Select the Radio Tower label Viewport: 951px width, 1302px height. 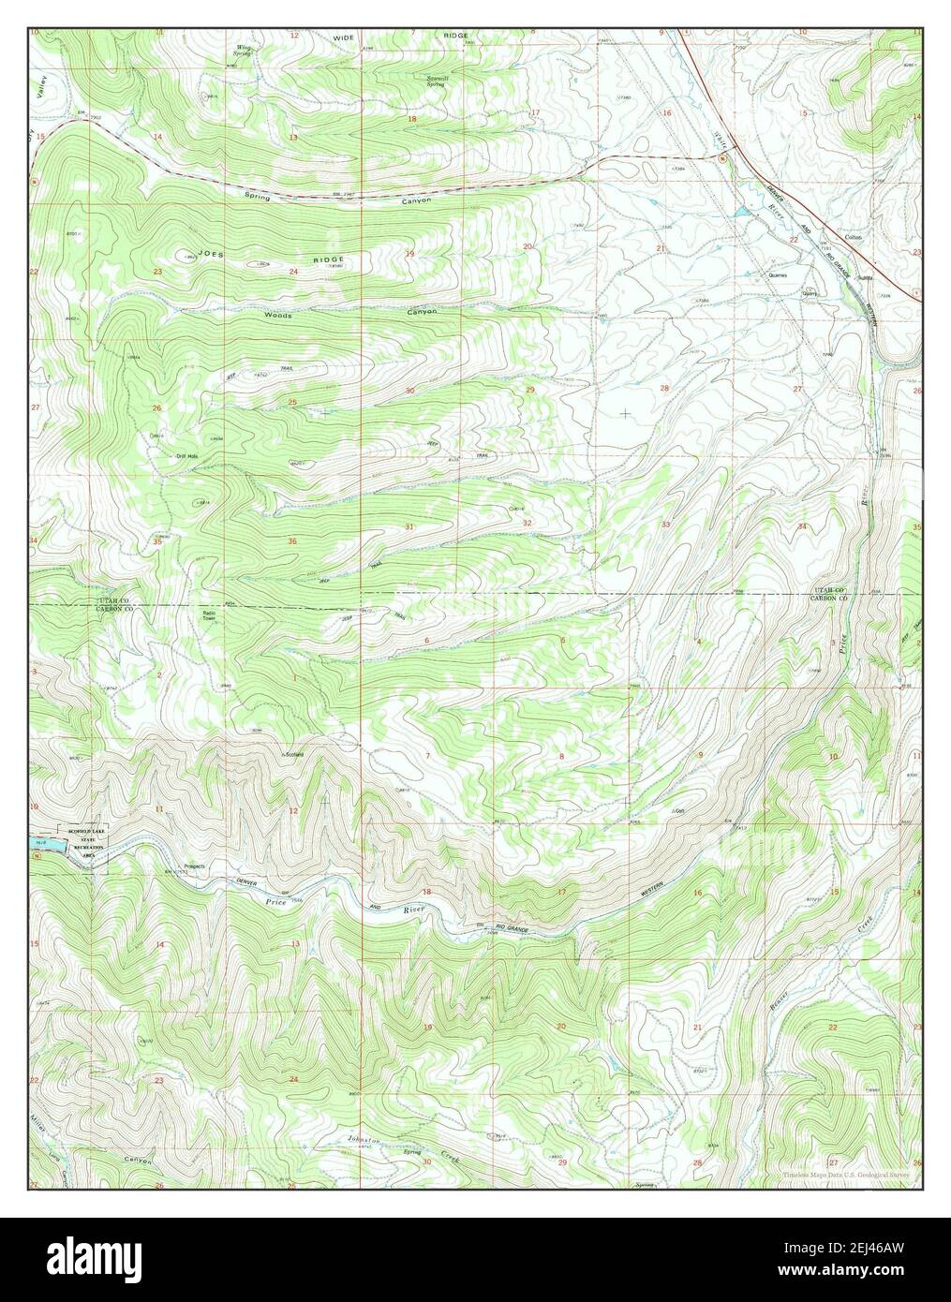[x=211, y=615]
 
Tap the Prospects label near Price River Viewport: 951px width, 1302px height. [x=194, y=866]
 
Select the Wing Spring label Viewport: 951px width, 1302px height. [x=245, y=50]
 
